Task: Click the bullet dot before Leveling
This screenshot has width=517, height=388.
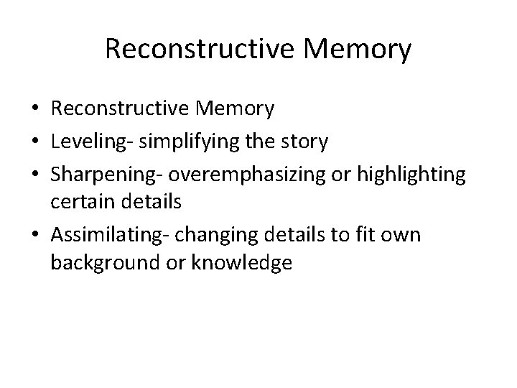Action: [x=35, y=142]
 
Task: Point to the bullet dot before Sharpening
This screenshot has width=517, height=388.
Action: [x=35, y=174]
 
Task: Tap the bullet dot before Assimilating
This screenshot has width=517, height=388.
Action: [x=35, y=234]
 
